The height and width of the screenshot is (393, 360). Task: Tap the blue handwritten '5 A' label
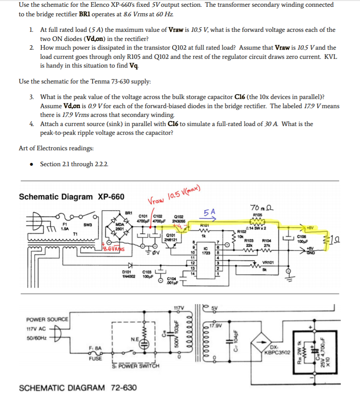coord(210,213)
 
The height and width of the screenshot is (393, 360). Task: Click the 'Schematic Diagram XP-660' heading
coord(71,197)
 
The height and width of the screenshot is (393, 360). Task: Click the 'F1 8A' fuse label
coord(95,348)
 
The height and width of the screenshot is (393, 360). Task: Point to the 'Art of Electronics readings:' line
coord(56,148)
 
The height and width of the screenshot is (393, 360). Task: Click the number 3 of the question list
coord(31,97)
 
